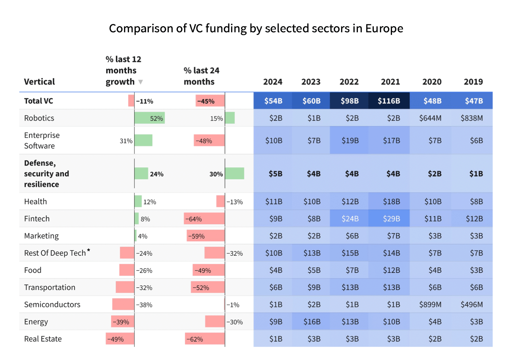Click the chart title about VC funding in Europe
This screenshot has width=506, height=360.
click(256, 28)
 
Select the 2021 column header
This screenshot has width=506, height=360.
click(390, 82)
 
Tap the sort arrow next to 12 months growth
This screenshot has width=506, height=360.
click(140, 82)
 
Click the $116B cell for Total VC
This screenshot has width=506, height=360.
click(389, 101)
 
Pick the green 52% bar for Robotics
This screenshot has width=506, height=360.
click(150, 118)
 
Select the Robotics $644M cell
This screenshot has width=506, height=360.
click(430, 118)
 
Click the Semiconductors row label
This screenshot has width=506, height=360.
click(52, 304)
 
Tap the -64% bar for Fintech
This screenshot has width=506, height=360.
click(204, 219)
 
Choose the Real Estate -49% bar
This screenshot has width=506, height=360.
click(120, 339)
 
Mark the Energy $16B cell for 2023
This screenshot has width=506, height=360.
click(311, 322)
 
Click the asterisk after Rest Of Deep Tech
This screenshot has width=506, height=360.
click(89, 250)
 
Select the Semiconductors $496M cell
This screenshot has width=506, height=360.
click(472, 304)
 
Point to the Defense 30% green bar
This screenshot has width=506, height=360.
click(234, 173)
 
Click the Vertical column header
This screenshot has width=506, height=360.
click(39, 82)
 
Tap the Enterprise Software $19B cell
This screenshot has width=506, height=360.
click(350, 140)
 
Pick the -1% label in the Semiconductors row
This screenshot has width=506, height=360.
click(233, 305)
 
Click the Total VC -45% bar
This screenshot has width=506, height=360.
click(210, 101)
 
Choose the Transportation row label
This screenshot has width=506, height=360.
click(50, 287)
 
